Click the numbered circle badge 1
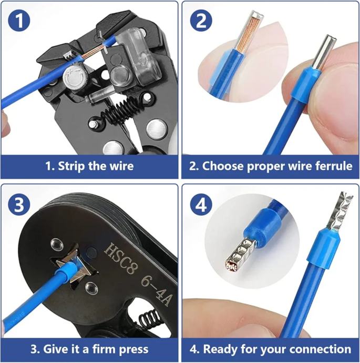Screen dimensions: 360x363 (x=19, y=21)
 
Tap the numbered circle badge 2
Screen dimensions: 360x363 (x=201, y=21)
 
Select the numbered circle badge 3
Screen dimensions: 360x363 (x=19, y=204)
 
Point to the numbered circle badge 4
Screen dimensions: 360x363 (x=201, y=204)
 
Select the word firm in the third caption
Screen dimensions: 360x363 (x=104, y=349)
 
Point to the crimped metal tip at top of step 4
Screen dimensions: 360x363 (x=341, y=210)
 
